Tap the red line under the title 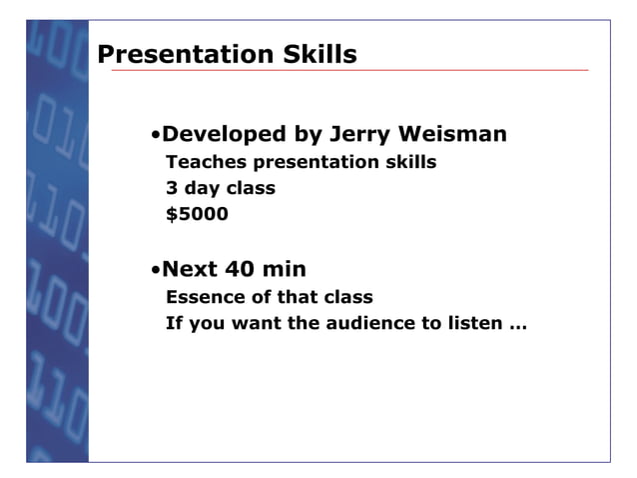pos(349,71)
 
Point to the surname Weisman pos(453,134)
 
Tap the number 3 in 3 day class pos(171,188)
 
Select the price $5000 pos(197,213)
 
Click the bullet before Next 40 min pos(156,271)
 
